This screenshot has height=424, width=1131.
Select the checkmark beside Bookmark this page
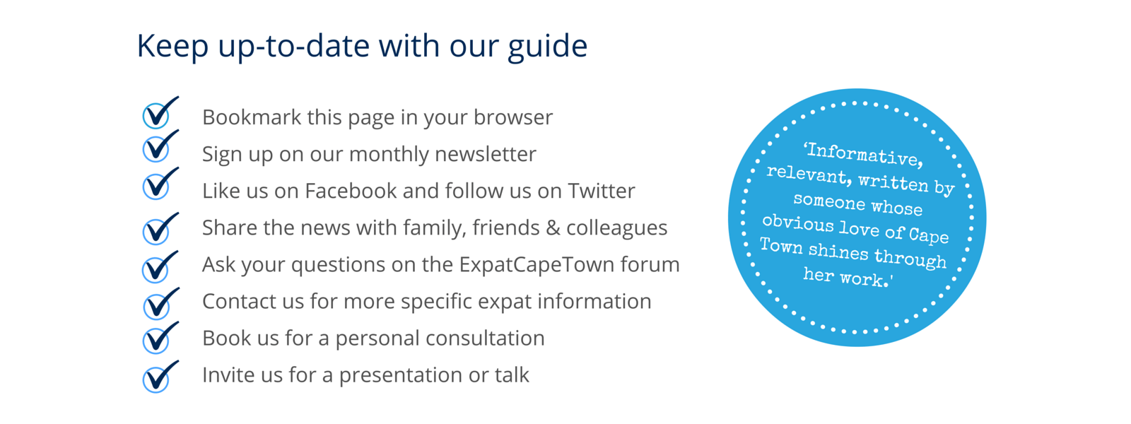click(x=160, y=113)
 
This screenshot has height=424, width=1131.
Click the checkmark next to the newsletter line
click(x=160, y=146)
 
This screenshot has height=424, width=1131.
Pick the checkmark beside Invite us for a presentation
click(x=160, y=377)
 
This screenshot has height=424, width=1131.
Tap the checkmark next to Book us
click(x=160, y=338)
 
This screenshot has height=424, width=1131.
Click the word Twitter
click(x=602, y=191)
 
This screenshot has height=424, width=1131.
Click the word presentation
click(x=401, y=375)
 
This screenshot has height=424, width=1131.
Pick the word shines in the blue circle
click(x=838, y=251)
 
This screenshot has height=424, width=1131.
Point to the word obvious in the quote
click(x=798, y=223)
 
